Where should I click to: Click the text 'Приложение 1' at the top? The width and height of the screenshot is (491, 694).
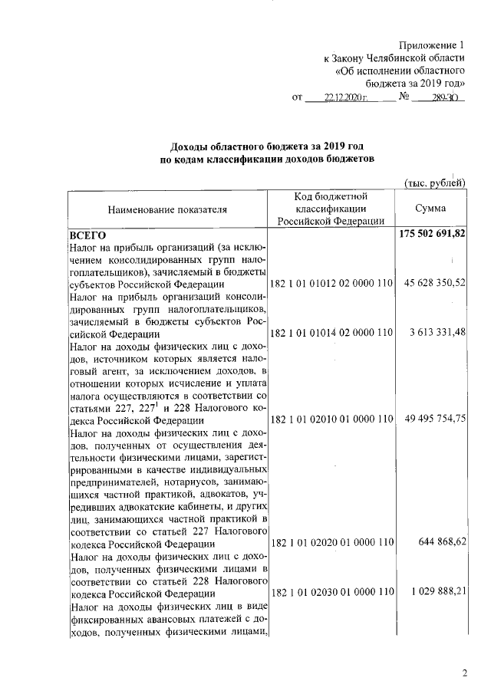[x=433, y=45]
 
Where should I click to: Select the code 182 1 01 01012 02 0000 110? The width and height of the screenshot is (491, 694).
[x=332, y=284]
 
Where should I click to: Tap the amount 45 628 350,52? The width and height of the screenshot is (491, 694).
[x=434, y=284]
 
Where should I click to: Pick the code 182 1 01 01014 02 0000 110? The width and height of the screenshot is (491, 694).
[x=332, y=333]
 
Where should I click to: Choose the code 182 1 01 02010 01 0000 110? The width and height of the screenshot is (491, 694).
[x=332, y=419]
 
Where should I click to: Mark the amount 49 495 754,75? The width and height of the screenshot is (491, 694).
[x=434, y=419]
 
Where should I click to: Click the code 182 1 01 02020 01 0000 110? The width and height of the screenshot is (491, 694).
[x=332, y=542]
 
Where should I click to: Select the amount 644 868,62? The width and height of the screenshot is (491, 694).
[x=443, y=542]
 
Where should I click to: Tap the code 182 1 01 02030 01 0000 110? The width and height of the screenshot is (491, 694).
[x=332, y=591]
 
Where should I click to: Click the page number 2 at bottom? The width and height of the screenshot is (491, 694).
[x=464, y=673]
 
